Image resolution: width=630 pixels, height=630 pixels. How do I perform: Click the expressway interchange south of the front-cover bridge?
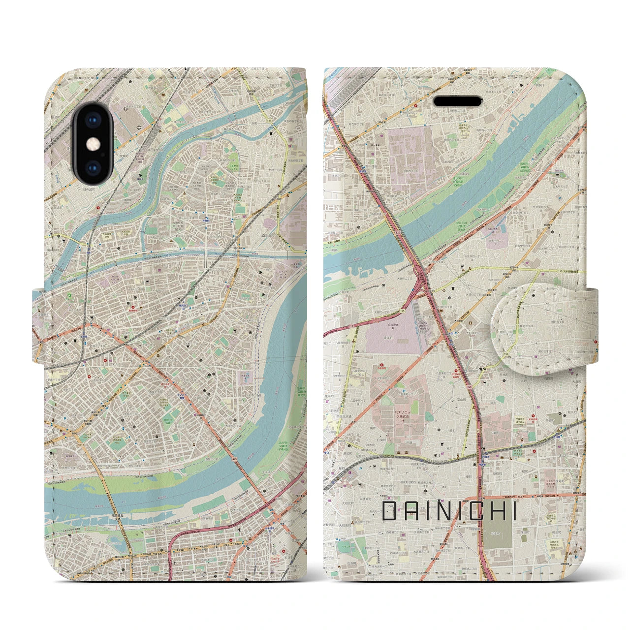[x=420, y=283]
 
